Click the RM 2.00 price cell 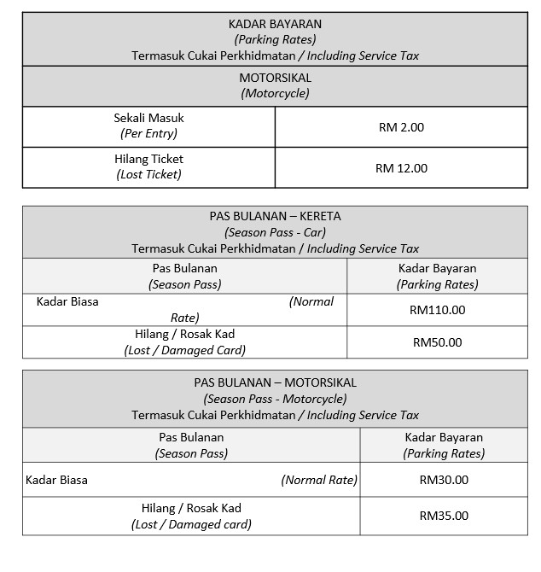(401, 127)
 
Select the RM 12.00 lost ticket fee (401, 168)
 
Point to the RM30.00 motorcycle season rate (444, 480)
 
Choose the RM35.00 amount (444, 516)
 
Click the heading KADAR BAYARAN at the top (275, 24)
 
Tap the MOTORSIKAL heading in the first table (275, 78)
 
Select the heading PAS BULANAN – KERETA (275, 216)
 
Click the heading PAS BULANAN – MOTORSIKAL (275, 382)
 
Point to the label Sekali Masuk (148, 118)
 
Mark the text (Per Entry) (148, 134)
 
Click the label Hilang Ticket (148, 159)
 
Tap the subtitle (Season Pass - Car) (275, 232)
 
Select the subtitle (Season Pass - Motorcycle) (275, 399)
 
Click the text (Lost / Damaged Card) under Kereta (184, 350)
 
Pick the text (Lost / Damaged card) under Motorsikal (191, 524)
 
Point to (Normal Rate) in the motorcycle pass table (319, 480)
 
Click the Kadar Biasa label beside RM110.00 (67, 301)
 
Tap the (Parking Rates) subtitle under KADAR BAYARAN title (275, 39)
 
